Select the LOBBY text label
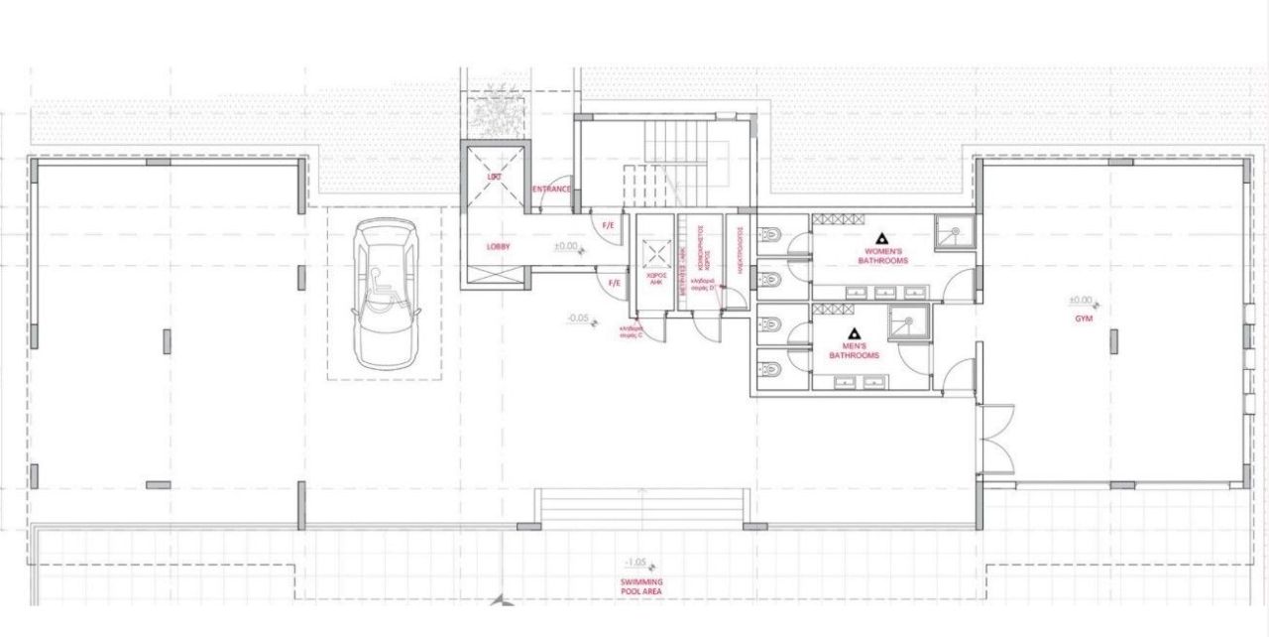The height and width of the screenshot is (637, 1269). (x=498, y=246)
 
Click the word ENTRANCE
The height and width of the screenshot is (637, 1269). (x=551, y=189)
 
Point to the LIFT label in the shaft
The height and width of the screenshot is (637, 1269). (x=495, y=176)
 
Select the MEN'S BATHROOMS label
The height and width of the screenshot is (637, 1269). (x=854, y=350)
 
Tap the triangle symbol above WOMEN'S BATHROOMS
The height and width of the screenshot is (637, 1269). (x=880, y=239)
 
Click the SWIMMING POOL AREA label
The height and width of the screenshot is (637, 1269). (x=641, y=586)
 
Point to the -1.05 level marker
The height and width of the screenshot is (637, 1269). (x=635, y=562)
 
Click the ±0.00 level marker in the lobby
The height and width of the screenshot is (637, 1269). (x=566, y=246)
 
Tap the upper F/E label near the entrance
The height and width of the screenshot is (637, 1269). (x=610, y=225)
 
